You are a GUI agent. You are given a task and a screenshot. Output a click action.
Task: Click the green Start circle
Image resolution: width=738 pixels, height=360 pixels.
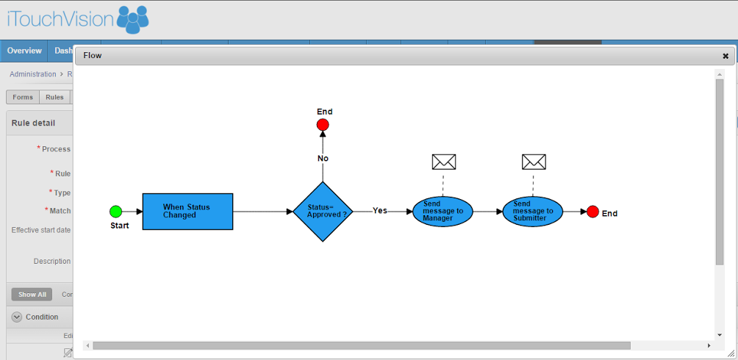pos(115,212)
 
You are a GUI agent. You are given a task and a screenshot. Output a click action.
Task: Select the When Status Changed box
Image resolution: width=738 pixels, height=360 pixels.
pos(187,212)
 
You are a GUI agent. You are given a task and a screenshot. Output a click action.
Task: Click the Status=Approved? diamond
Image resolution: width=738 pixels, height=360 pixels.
pos(323,212)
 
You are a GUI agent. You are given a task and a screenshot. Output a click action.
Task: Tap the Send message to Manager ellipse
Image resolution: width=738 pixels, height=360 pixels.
pos(443,212)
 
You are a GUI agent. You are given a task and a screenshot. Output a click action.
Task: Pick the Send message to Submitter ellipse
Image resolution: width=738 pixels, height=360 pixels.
pos(533,212)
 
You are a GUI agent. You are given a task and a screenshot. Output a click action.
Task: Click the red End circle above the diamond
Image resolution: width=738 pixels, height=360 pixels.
pos(323,125)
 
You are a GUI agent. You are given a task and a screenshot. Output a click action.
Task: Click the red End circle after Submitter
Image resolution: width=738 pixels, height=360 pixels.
pos(592,212)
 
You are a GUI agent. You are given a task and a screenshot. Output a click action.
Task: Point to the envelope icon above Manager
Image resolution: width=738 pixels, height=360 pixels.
pos(443,162)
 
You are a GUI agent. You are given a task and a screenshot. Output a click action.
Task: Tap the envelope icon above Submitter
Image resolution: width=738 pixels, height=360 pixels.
pos(534,162)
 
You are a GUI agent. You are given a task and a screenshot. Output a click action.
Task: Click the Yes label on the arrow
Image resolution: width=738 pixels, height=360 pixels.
pos(379,211)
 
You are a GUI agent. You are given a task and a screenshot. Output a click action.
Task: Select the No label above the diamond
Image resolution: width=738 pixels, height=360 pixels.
pos(323,159)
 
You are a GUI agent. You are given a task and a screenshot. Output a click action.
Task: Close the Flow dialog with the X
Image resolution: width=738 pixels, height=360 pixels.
pos(726,56)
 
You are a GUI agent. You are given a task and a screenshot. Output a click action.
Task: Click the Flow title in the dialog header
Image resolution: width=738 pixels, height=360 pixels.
pos(93,55)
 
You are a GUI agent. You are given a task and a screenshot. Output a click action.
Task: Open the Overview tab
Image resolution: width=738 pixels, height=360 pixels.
pos(24,51)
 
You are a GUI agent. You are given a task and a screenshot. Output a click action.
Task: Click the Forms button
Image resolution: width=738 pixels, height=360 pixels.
pos(23,97)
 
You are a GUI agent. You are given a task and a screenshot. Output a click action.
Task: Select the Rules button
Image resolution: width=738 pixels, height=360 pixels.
pos(54,97)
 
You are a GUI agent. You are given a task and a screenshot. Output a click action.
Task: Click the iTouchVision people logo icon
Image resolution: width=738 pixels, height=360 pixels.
pos(132,19)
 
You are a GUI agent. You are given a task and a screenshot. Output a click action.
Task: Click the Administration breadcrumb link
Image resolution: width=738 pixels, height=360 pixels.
pos(32,74)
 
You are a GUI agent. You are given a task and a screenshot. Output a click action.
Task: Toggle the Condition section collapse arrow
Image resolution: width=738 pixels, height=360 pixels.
pos(17,317)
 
